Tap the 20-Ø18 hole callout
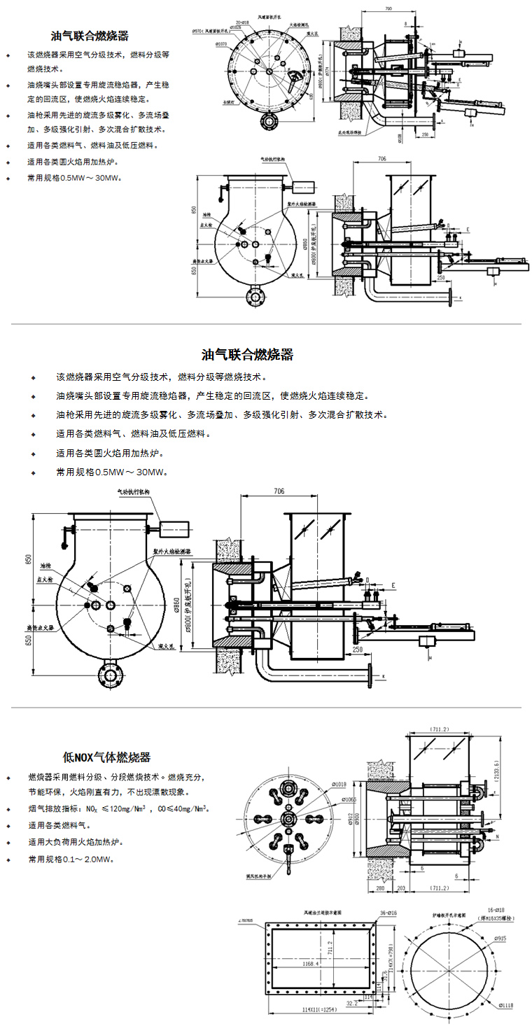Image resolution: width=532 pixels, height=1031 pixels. (x=243, y=22)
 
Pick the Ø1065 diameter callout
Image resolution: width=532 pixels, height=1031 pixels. (x=348, y=799)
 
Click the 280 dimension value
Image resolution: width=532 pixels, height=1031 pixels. (x=379, y=888)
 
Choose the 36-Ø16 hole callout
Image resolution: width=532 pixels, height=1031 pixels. (x=388, y=913)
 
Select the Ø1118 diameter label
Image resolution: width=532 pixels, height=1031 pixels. (x=507, y=1005)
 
